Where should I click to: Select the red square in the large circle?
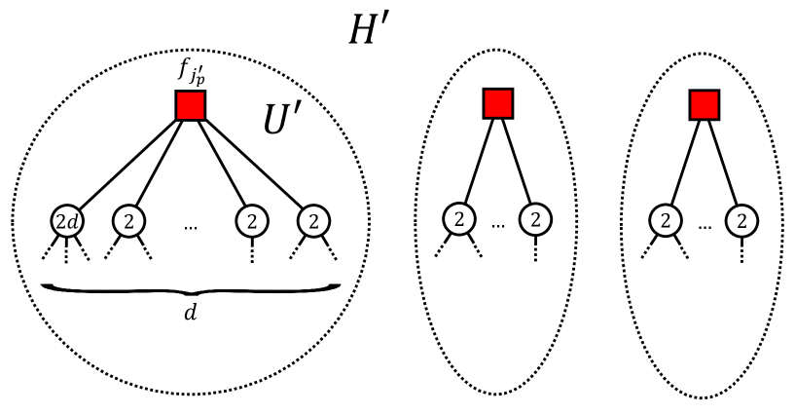tap(191, 105)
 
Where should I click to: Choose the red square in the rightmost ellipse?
tap(704, 103)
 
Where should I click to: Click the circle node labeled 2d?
tap(68, 221)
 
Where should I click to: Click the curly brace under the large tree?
tap(190, 287)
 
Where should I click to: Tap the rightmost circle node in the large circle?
tap(313, 221)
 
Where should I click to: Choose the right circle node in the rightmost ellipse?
tap(741, 221)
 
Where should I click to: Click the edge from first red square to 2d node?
tap(126, 163)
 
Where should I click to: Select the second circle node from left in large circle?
tap(128, 221)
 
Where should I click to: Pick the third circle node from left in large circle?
tap(252, 221)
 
